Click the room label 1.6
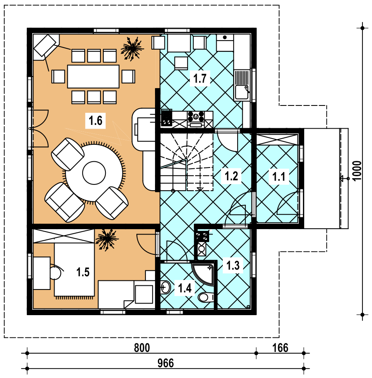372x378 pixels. [x=95, y=120]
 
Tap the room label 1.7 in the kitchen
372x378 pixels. [x=200, y=78]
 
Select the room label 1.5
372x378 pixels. [x=83, y=272]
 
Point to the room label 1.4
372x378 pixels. [x=185, y=288]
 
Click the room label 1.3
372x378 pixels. [x=233, y=265]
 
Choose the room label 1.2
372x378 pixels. [x=231, y=176]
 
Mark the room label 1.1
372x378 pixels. [x=279, y=177]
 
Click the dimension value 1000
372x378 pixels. [x=358, y=170]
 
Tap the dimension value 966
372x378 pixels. [x=165, y=363]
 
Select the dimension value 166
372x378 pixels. [x=280, y=348]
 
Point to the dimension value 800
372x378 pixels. [x=142, y=348]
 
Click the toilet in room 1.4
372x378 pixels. [x=206, y=297]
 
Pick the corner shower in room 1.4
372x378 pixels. [x=203, y=274]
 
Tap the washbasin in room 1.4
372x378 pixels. [x=165, y=287]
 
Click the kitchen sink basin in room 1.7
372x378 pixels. [x=242, y=92]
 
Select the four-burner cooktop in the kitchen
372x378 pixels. [x=196, y=116]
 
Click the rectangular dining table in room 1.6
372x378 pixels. [x=93, y=77]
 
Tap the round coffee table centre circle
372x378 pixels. [x=94, y=173]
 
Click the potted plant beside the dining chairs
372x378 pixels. [x=132, y=49]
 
